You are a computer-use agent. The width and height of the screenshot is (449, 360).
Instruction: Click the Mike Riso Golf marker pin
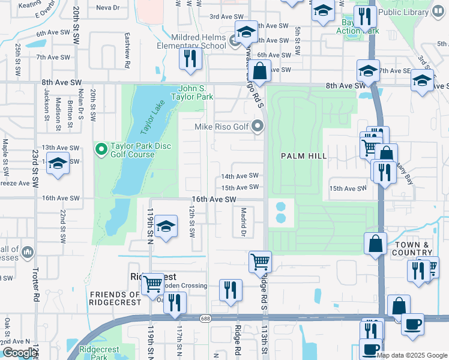pyautogui.click(x=258, y=126)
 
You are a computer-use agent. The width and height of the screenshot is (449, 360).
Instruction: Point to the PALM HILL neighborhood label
pyautogui.click(x=304, y=156)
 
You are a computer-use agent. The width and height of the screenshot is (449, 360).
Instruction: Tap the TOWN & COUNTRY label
pyautogui.click(x=411, y=249)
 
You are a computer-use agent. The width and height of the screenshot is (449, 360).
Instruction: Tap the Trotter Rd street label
pyautogui.click(x=35, y=284)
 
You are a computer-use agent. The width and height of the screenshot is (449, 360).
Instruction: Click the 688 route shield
pyautogui.click(x=206, y=318)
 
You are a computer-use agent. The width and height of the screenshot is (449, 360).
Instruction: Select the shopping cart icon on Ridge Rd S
pyautogui.click(x=261, y=261)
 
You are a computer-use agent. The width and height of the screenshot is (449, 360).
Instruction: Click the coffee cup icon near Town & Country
pyautogui.click(x=412, y=324)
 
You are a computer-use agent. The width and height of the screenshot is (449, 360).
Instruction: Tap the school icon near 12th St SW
pyautogui.click(x=165, y=227)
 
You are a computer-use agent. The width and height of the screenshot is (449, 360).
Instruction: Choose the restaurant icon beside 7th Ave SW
pyautogui.click(x=190, y=59)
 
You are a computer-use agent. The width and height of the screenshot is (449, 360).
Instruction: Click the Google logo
pyautogui.click(x=20, y=353)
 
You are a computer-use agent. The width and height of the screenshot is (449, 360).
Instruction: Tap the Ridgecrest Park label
pyautogui.click(x=100, y=352)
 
